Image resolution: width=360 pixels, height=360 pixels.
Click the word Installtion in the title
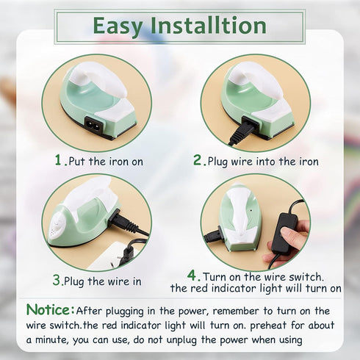[208, 26]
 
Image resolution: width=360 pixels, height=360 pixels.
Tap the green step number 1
[58, 159]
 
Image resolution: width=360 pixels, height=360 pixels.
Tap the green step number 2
[197, 159]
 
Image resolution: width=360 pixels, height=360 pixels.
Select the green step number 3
[57, 280]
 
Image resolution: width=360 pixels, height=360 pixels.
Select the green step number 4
[193, 276]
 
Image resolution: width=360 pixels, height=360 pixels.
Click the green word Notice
[50, 309]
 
